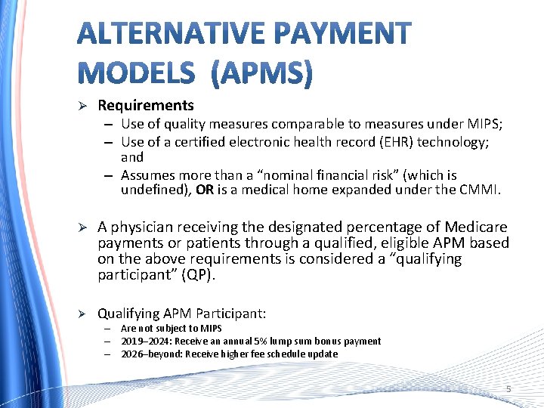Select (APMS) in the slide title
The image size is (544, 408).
click(x=261, y=73)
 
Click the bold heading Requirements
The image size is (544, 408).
click(x=146, y=106)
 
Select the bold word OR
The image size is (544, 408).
click(x=204, y=190)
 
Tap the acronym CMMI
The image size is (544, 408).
click(x=481, y=190)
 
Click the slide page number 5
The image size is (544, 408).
click(x=508, y=389)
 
